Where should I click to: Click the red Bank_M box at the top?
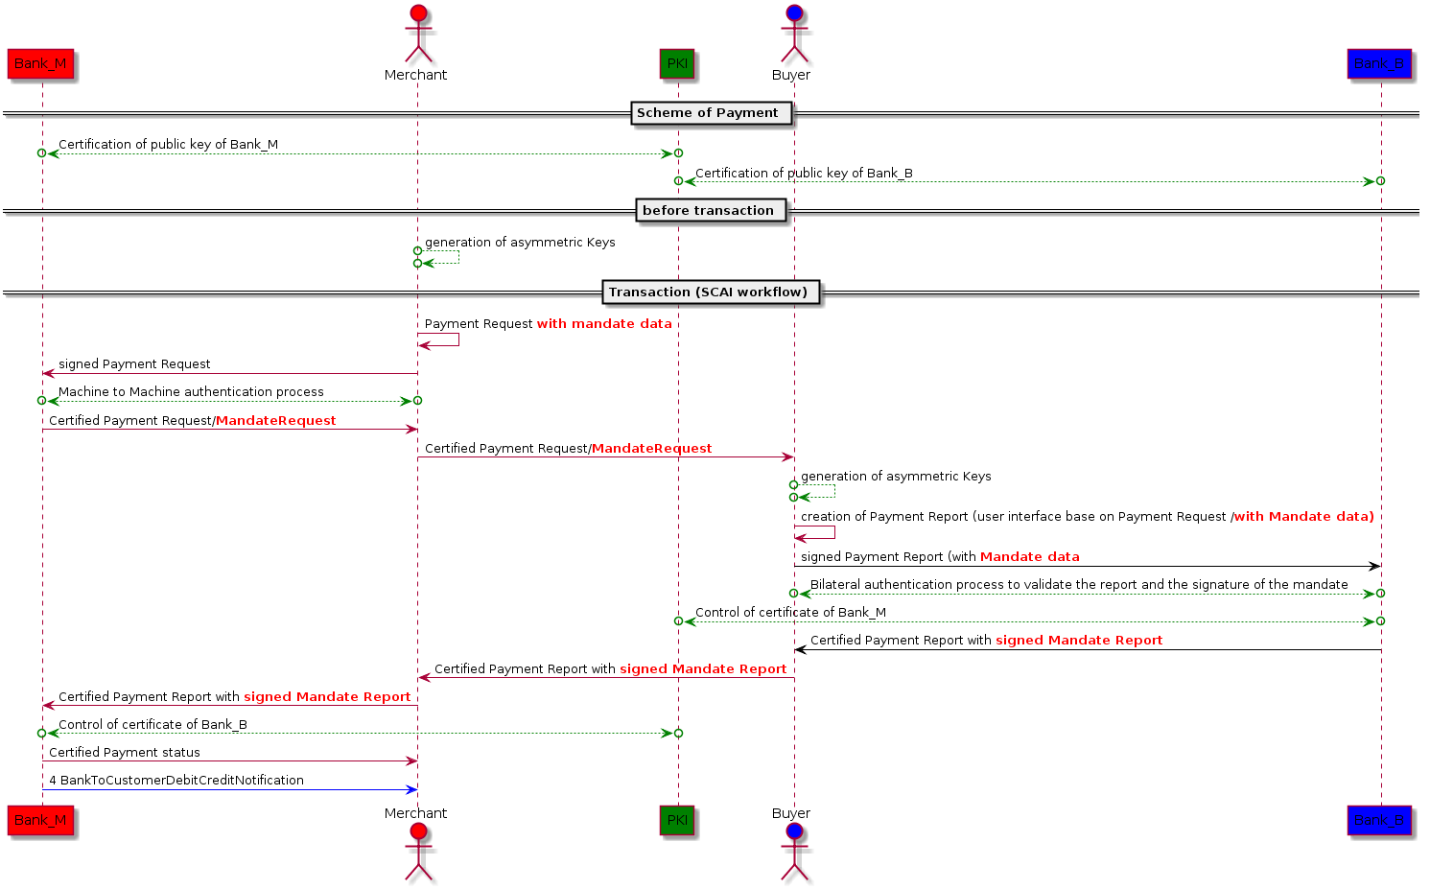[40, 64]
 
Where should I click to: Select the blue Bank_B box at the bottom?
[1379, 820]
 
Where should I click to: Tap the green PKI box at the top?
[677, 64]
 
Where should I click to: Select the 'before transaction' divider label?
[708, 211]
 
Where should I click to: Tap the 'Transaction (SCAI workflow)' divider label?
[708, 292]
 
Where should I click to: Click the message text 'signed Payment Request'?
[134, 364]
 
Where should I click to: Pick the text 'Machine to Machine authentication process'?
[191, 392]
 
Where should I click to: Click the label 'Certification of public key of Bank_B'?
[804, 174]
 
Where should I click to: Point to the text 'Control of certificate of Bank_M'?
[790, 613]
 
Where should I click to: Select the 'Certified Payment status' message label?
[125, 753]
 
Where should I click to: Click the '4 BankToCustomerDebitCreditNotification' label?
[176, 781]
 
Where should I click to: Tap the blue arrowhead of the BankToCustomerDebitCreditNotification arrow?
[412, 790]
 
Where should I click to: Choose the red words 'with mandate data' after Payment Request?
[604, 324]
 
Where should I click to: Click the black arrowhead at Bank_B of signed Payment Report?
[1374, 567]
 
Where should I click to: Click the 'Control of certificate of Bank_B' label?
[152, 725]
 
